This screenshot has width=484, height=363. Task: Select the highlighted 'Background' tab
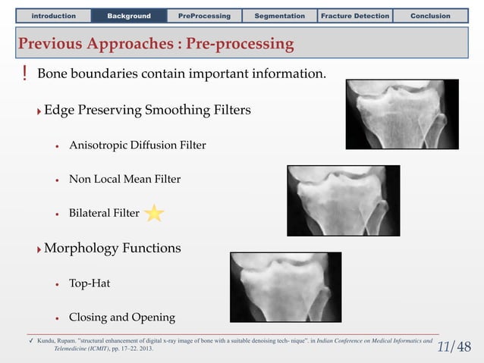coord(129,15)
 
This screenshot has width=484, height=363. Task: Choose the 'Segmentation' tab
coord(279,15)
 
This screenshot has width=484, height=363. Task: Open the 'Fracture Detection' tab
coord(355,15)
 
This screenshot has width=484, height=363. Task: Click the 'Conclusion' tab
coord(430,15)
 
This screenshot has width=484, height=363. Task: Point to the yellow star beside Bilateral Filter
coord(154,214)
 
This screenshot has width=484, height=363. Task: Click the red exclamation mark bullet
coord(24,74)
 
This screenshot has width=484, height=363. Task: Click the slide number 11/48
coord(454,347)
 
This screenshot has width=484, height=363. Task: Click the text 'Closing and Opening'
coord(121,318)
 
